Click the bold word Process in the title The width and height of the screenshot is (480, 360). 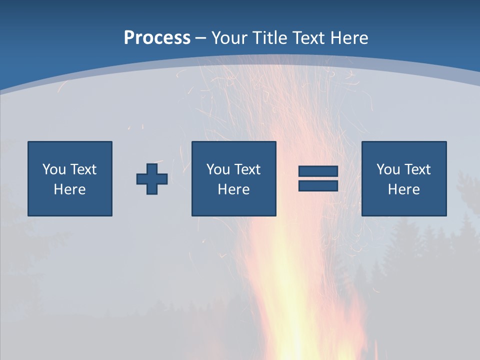[x=157, y=38]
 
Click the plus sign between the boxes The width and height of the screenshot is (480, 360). [x=152, y=179]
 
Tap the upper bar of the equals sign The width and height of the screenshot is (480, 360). [x=318, y=171]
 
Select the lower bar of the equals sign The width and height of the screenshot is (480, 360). [x=318, y=185]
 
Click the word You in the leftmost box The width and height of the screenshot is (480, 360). [x=54, y=169]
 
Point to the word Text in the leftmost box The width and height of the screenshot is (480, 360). [x=83, y=169]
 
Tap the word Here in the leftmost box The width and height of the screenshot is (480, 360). [x=70, y=189]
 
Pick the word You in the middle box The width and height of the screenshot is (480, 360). [x=218, y=169]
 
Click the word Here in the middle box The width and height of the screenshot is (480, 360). [x=234, y=189]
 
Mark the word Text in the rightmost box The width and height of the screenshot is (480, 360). [x=417, y=169]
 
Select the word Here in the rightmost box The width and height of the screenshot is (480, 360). [x=404, y=189]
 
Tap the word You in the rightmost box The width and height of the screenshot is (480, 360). [x=388, y=169]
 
